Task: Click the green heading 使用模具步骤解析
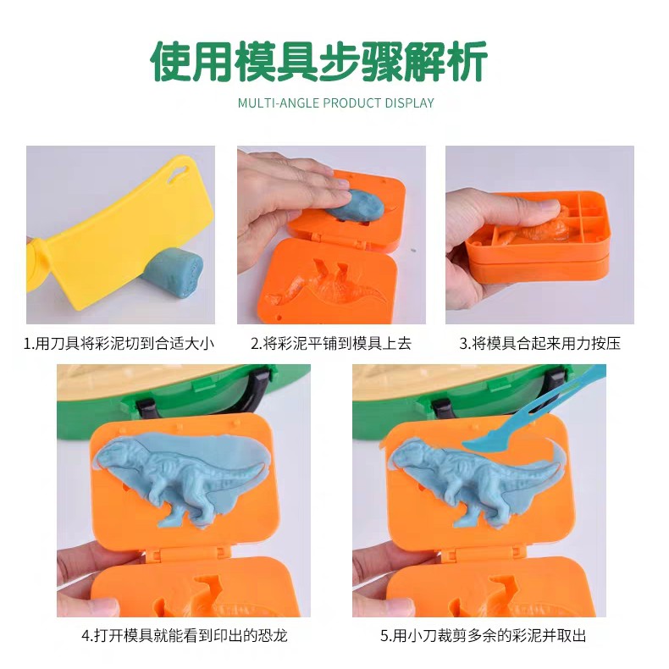(x=319, y=62)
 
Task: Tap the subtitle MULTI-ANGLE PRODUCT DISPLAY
(x=336, y=103)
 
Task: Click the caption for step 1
(x=119, y=344)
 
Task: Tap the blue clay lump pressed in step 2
(x=355, y=206)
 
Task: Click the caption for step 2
(x=330, y=344)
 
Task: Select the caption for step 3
(x=539, y=344)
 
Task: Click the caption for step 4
(x=185, y=636)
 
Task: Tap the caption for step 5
(x=483, y=636)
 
